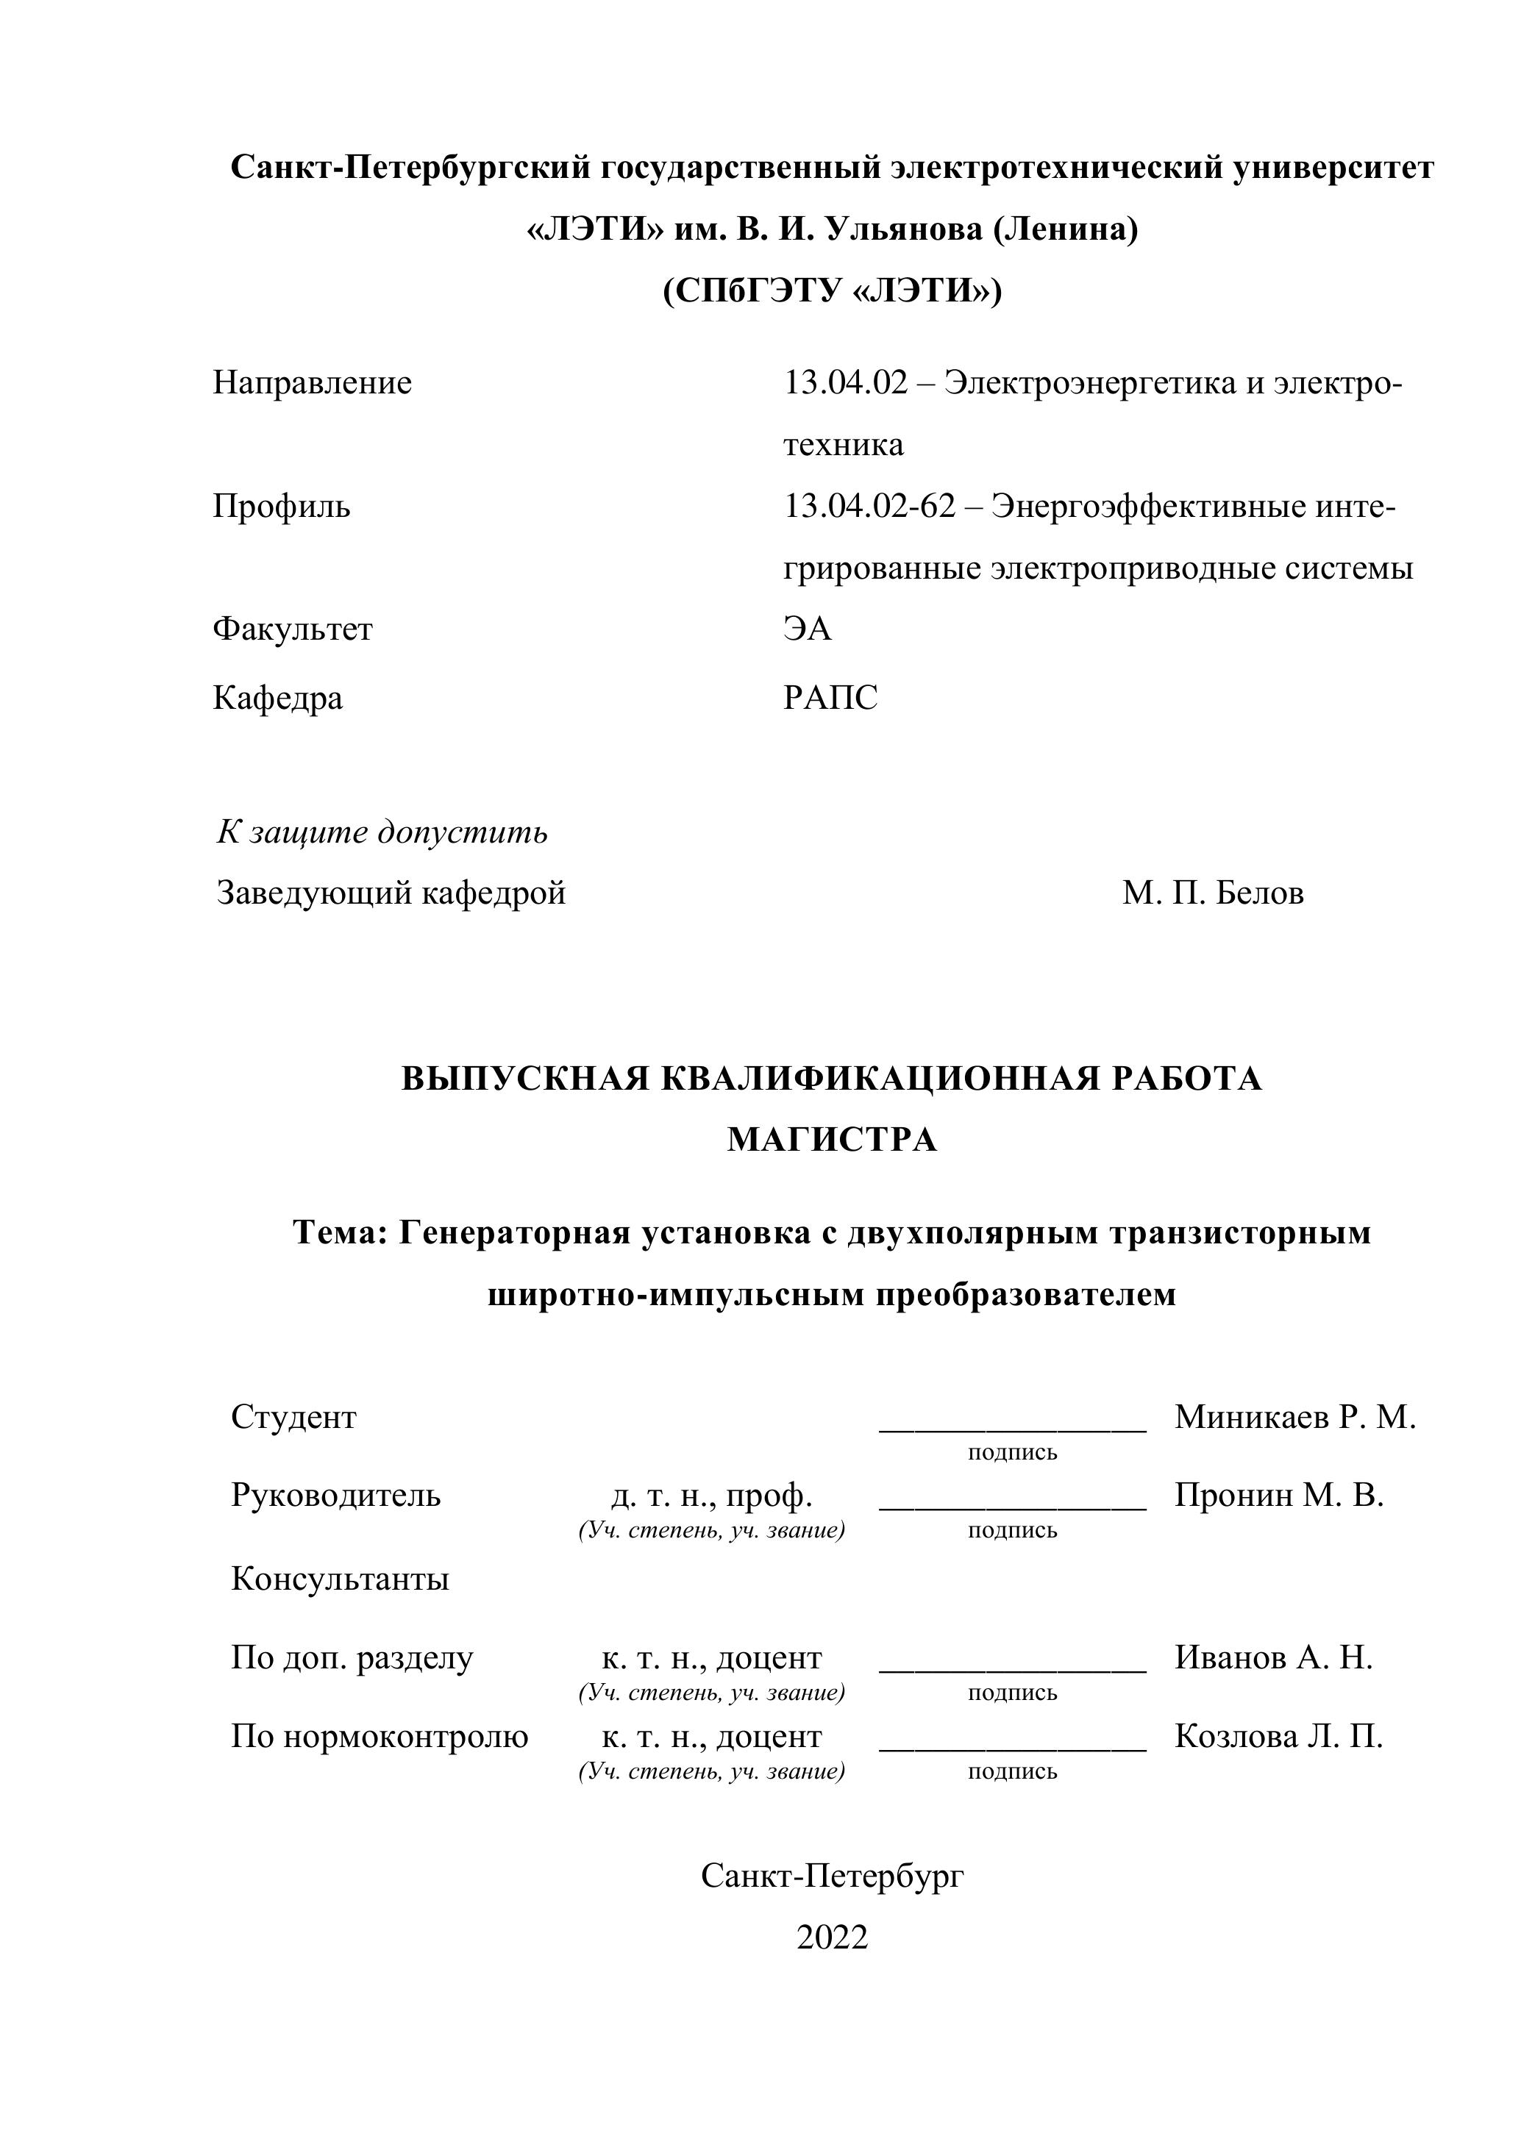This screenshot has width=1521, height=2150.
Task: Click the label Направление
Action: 312,383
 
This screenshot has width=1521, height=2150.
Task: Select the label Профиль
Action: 281,507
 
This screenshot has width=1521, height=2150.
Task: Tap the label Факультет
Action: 292,629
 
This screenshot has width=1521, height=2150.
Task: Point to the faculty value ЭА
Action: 808,629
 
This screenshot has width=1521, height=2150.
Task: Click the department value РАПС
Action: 831,698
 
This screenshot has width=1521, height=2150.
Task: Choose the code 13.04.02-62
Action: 870,507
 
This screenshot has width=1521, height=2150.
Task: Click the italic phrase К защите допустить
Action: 382,832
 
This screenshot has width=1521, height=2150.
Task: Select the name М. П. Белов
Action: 1213,893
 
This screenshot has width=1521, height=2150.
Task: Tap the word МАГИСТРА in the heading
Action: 832,1140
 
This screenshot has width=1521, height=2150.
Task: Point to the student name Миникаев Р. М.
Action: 1295,1417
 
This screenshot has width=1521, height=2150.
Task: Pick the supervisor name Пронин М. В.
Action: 1278,1496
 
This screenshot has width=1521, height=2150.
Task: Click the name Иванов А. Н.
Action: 1274,1658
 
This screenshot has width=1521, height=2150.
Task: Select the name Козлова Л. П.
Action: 1278,1737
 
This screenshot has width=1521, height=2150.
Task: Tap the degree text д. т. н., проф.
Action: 712,1496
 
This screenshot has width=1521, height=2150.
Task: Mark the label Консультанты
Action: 340,1579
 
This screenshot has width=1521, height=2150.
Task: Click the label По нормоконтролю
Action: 380,1737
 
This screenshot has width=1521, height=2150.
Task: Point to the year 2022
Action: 832,1938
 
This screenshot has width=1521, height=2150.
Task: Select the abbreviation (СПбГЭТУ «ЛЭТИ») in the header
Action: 832,291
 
